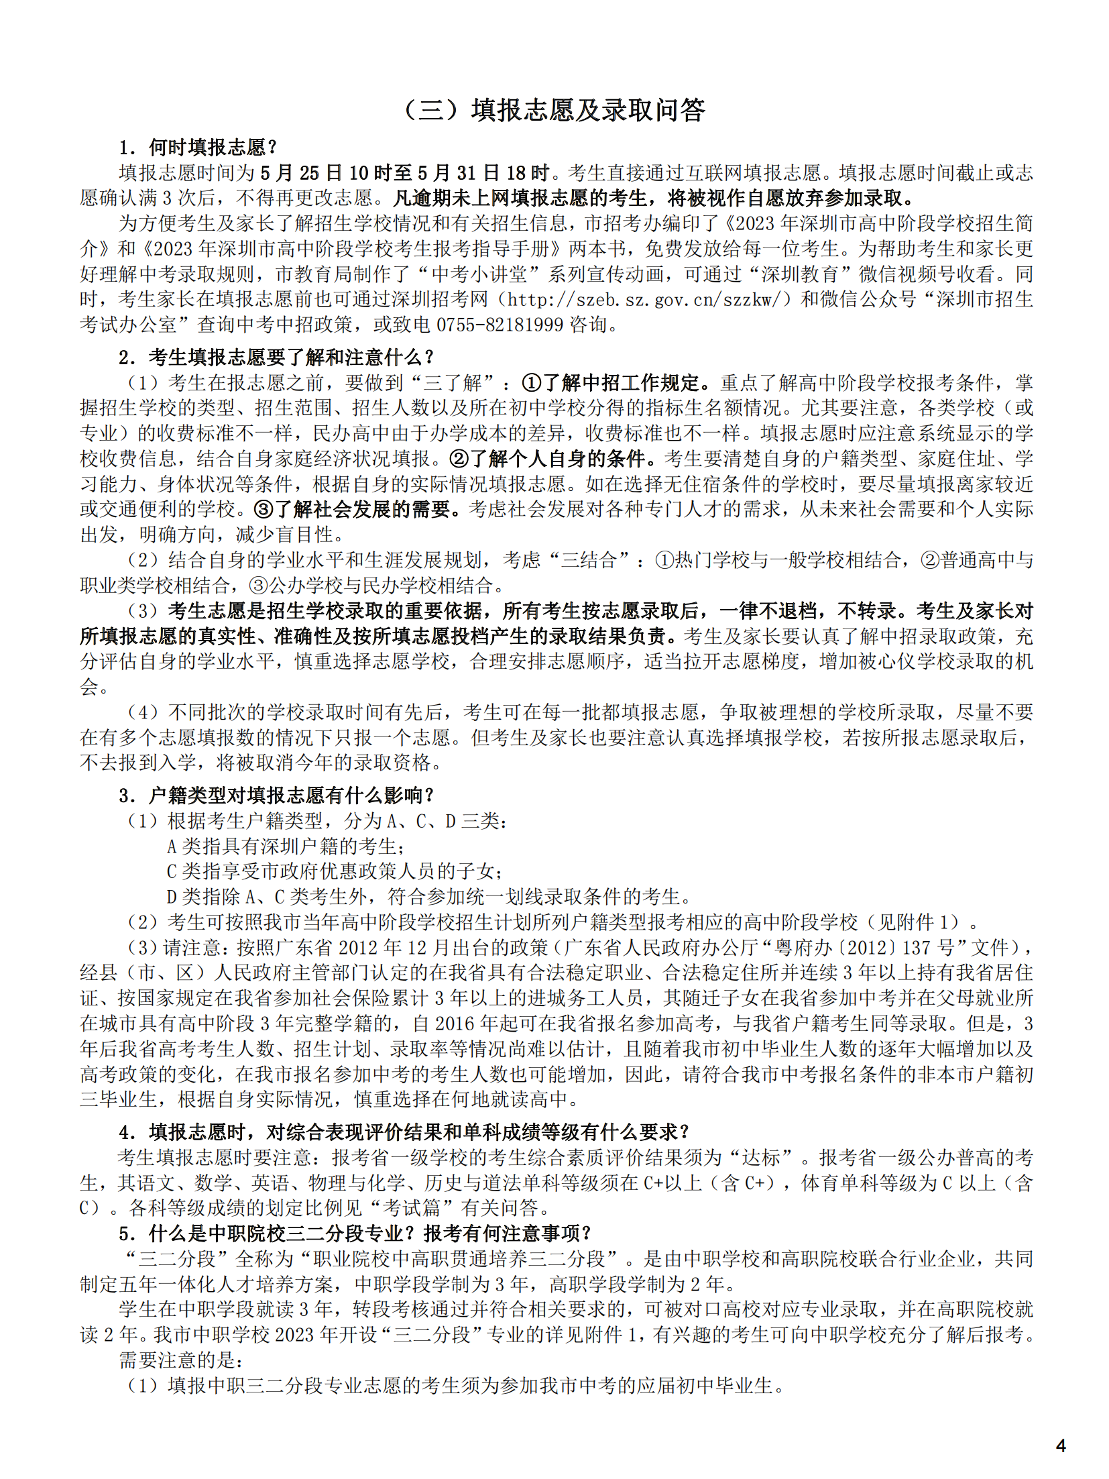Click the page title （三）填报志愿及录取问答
click(554, 110)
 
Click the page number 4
click(1060, 1445)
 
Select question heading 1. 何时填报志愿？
click(198, 147)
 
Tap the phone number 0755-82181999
click(500, 325)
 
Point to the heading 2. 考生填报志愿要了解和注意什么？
click(276, 357)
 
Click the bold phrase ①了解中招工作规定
click(614, 383)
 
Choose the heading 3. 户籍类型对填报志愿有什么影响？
click(276, 796)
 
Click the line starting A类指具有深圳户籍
click(285, 846)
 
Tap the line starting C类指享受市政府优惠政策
click(334, 871)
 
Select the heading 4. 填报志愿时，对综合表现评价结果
click(404, 1132)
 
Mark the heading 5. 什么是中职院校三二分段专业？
click(355, 1233)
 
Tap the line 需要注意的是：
click(181, 1360)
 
